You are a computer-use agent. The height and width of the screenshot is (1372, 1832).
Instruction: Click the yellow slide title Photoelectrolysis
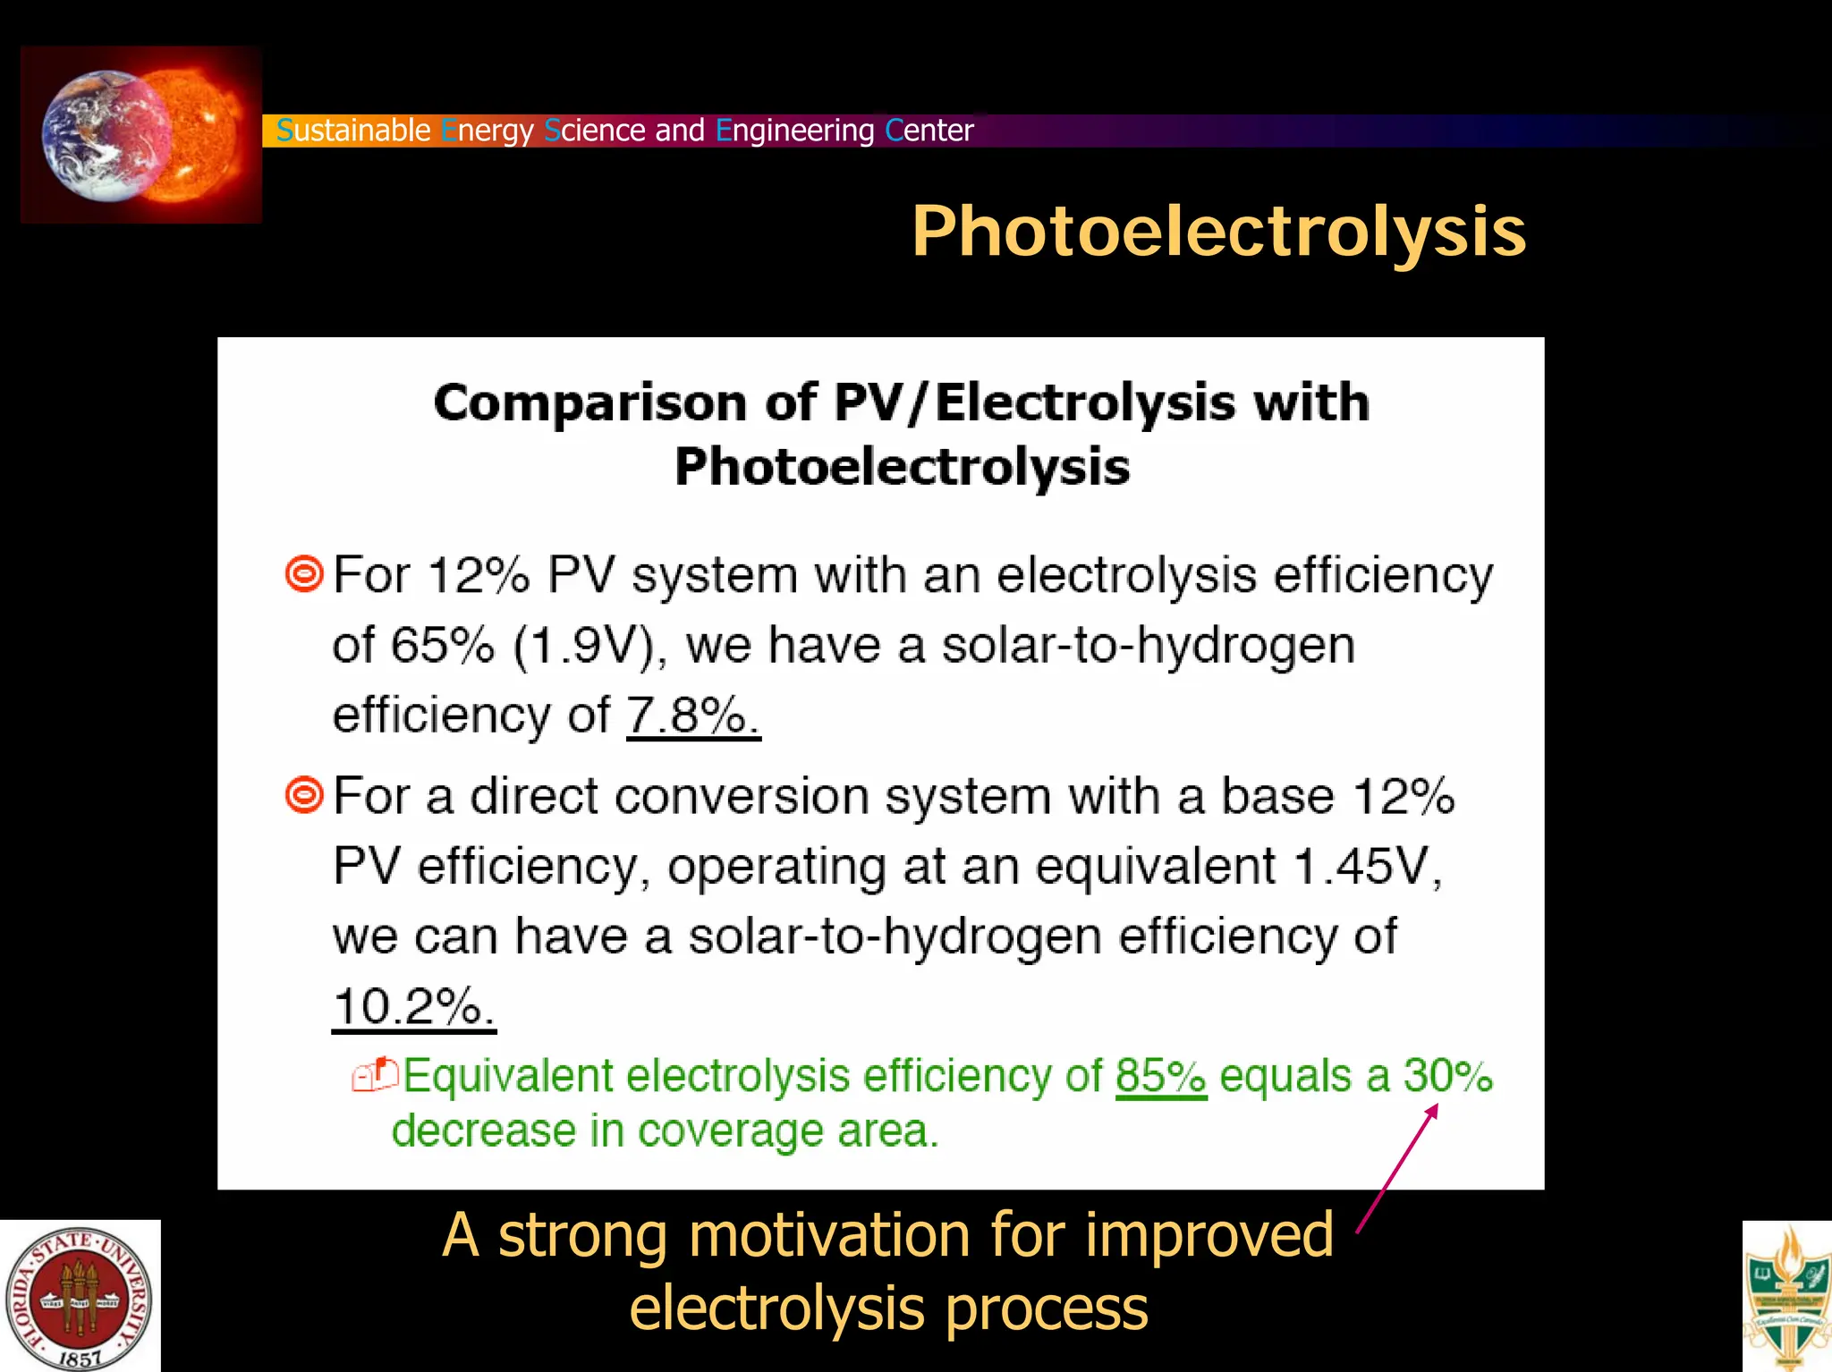click(1218, 232)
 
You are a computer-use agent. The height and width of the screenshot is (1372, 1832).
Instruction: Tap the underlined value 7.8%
click(693, 716)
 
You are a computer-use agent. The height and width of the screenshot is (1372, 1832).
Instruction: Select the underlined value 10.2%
click(413, 1007)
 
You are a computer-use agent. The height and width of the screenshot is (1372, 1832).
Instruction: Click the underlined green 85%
click(1160, 1076)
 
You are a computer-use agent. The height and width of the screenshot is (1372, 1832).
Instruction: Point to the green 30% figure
click(1447, 1076)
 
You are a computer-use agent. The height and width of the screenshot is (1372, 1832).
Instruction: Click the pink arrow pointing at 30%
click(1397, 1168)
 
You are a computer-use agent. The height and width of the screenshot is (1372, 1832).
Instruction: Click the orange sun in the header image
click(201, 134)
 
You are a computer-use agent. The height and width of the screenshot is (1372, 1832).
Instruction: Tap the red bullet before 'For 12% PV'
click(304, 573)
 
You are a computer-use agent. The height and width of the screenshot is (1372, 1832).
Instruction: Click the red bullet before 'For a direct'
click(304, 794)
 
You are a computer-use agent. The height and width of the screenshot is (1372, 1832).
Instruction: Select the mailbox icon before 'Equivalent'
click(375, 1075)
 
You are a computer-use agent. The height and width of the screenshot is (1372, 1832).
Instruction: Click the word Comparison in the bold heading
click(590, 402)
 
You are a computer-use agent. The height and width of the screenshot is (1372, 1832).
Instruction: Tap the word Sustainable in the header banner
click(353, 131)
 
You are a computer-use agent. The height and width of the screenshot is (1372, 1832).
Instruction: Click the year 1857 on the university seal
click(80, 1358)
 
